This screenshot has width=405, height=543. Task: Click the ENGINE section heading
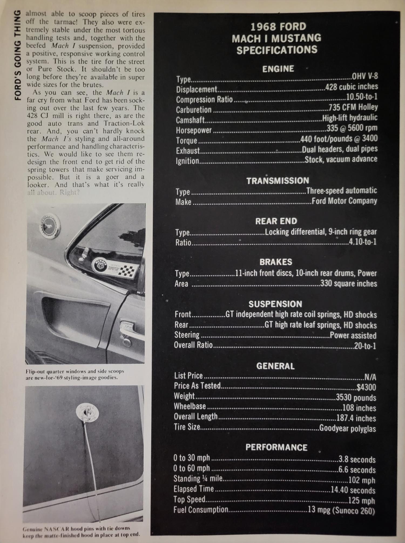point(278,69)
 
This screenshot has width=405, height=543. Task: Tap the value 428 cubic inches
point(352,87)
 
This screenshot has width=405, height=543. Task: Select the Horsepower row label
point(194,130)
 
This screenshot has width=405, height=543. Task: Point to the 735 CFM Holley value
point(353,107)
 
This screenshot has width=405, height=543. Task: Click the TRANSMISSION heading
point(278,181)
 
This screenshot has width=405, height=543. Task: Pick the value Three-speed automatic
point(341,191)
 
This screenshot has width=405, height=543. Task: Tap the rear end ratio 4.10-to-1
point(362,241)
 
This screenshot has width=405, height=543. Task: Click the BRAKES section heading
point(276,262)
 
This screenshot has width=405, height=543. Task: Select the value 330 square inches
point(348,284)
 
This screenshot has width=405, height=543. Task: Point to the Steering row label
point(187,335)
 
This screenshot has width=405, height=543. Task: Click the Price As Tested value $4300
point(366,387)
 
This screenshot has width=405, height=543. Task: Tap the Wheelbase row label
point(190,406)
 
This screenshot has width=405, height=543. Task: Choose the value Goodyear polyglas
point(347,428)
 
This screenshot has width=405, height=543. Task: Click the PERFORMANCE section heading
point(276,447)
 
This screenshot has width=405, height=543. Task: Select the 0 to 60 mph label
point(191,468)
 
